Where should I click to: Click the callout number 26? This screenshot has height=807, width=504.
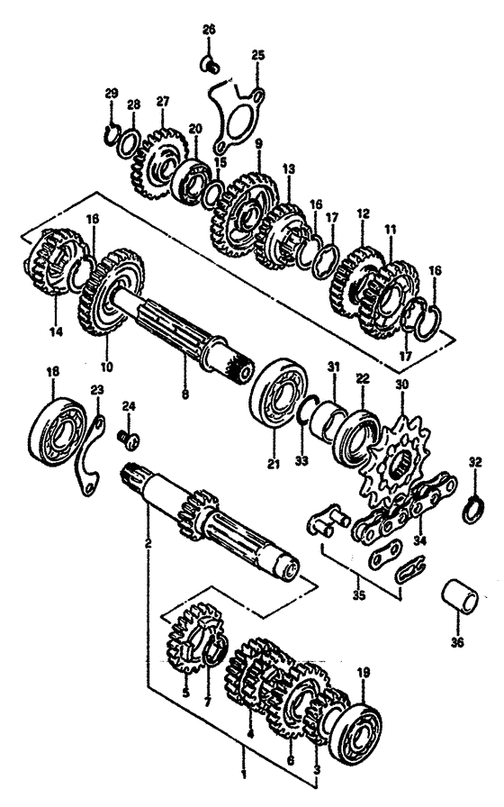pos(209,30)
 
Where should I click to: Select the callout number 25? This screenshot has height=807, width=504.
pos(257,56)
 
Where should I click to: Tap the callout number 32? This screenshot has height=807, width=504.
pos(474,464)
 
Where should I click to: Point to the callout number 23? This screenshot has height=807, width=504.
pos(97,390)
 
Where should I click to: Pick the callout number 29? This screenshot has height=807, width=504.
pos(111,94)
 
